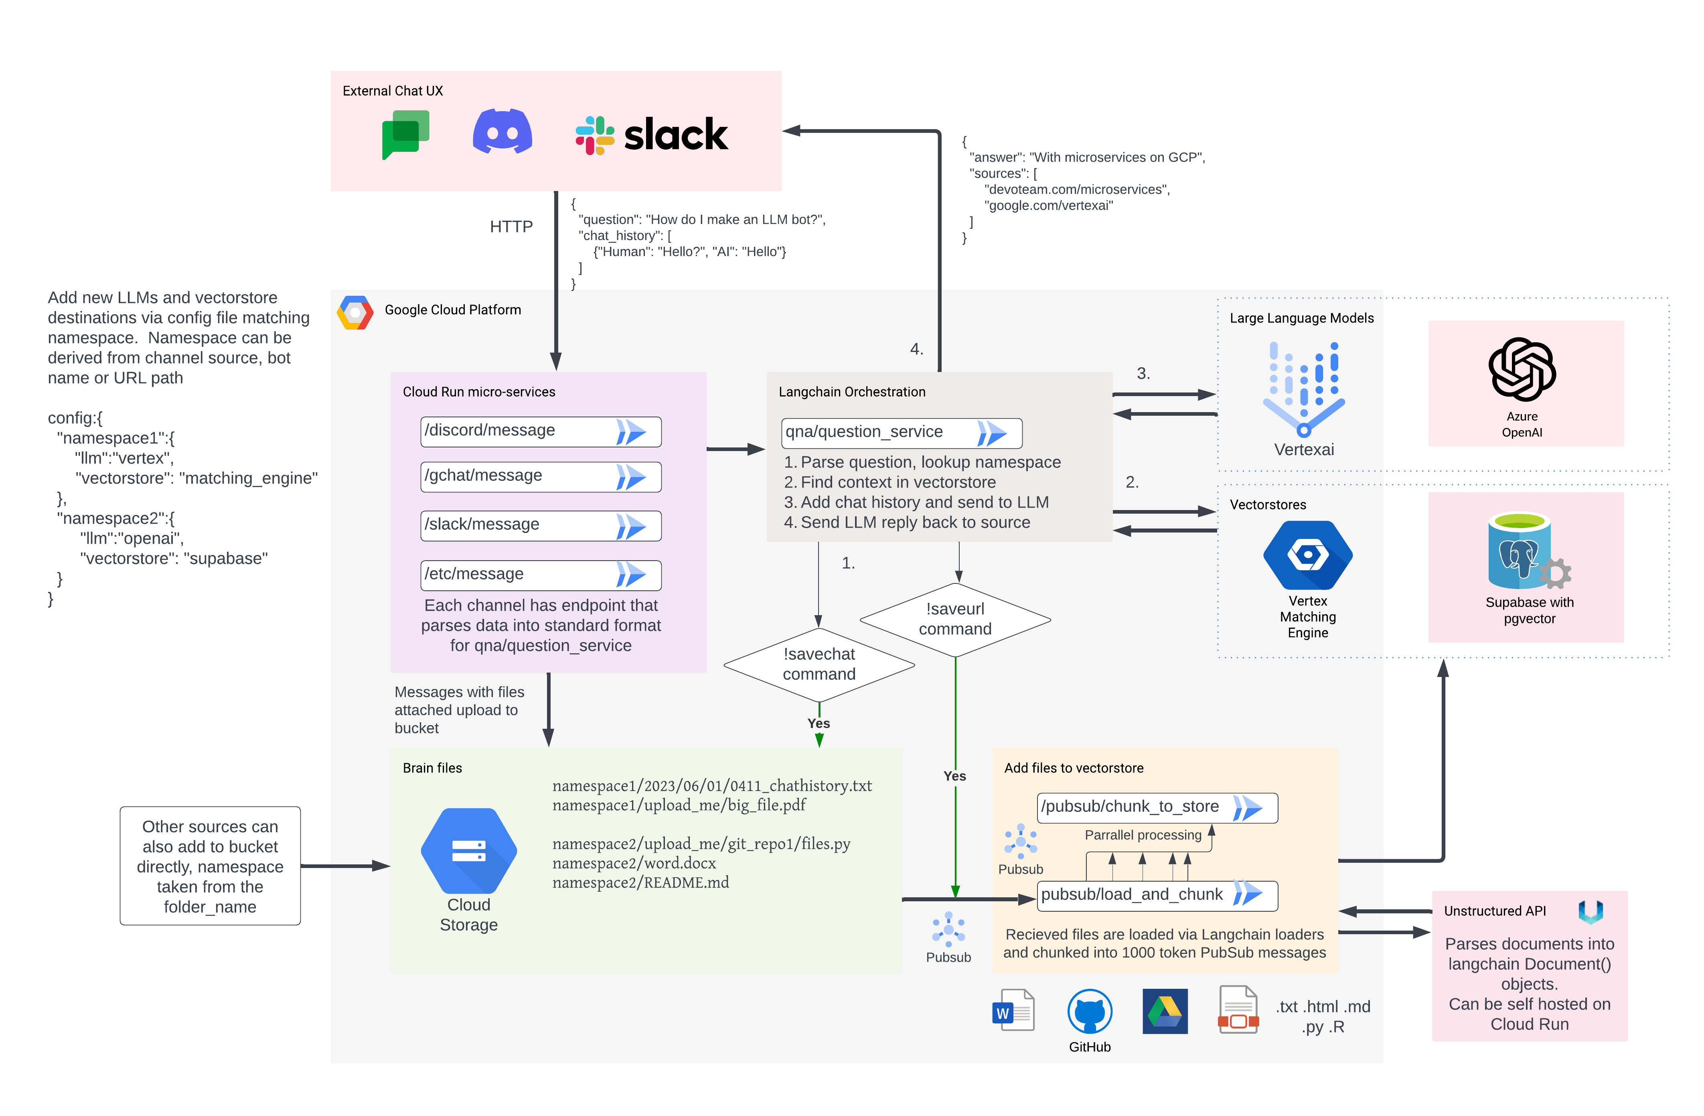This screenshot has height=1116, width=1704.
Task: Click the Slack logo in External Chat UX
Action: pos(652,135)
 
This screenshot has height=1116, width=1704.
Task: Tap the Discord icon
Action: pos(502,131)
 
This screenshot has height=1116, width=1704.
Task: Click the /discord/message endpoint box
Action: pos(541,431)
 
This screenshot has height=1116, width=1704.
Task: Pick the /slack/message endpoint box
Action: pos(541,526)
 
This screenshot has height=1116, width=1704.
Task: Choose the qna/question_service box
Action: pos(902,433)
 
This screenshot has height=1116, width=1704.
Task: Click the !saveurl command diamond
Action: pos(955,620)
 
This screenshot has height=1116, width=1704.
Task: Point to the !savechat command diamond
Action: pos(819,665)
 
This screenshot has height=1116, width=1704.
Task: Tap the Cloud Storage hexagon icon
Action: pos(469,851)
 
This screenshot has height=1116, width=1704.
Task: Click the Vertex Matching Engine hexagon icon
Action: pos(1308,555)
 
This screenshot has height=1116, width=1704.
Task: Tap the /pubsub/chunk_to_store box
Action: pos(1157,807)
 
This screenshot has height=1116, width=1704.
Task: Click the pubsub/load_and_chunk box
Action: pos(1157,895)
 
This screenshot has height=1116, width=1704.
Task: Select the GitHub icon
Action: pos(1090,1011)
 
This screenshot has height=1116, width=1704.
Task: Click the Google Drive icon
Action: pos(1165,1011)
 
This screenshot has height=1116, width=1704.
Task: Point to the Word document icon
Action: pos(1013,1010)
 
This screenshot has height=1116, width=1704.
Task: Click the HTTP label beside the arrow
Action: pos(511,226)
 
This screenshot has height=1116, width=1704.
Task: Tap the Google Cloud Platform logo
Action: pos(355,312)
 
